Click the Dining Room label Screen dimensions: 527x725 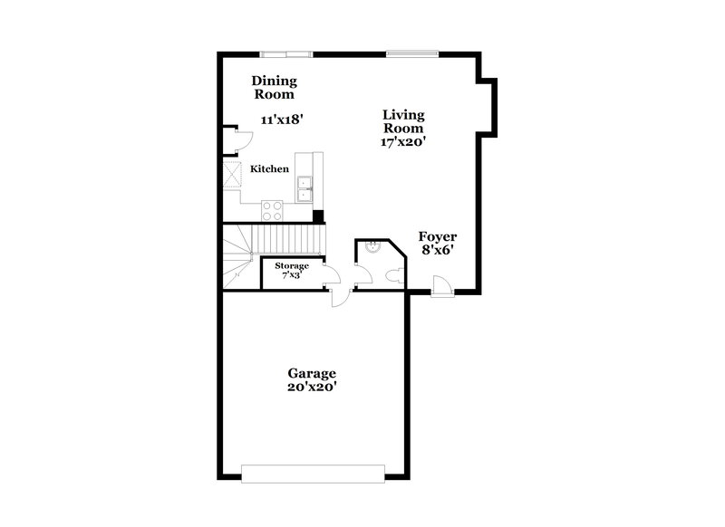(x=274, y=86)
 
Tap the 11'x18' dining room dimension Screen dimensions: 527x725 (x=281, y=120)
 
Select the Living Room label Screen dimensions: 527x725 (x=403, y=121)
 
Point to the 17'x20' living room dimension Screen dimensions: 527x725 (x=403, y=141)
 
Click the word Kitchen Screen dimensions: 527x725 (x=270, y=168)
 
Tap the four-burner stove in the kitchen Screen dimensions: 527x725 (x=272, y=210)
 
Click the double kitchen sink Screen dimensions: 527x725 (x=304, y=188)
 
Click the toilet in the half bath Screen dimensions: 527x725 (x=396, y=274)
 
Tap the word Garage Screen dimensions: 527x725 (x=313, y=372)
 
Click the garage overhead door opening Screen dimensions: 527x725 (x=313, y=472)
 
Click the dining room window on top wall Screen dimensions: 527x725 (x=286, y=53)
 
